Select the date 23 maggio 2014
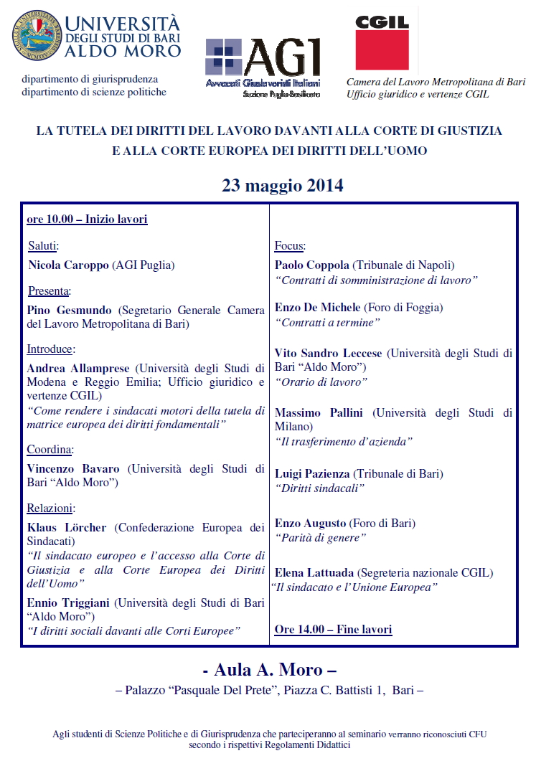(282, 186)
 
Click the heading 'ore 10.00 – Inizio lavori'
(87, 219)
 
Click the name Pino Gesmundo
(70, 311)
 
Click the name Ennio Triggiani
(69, 603)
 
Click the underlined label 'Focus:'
(290, 246)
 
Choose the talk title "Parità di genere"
(321, 537)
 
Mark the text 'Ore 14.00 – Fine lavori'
(333, 630)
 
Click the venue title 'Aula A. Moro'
(270, 670)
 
